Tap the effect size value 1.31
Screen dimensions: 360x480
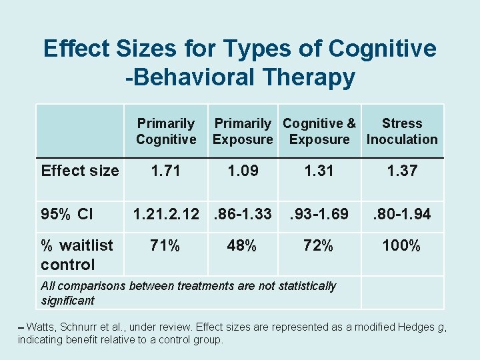click(x=318, y=171)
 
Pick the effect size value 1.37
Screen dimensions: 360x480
click(x=402, y=171)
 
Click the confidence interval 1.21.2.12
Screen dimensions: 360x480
click(x=166, y=214)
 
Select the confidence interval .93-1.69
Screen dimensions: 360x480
click(x=318, y=214)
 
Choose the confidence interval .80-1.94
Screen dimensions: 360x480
click(x=402, y=214)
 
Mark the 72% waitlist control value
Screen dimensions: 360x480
click(x=318, y=245)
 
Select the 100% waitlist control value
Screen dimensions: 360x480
click(x=402, y=245)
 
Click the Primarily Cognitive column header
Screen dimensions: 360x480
click(x=166, y=131)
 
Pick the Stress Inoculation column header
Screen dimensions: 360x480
click(x=402, y=131)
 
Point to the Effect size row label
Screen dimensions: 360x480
click(x=80, y=171)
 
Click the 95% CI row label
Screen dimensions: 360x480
click(x=67, y=214)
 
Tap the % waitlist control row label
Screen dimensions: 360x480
click(x=77, y=255)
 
